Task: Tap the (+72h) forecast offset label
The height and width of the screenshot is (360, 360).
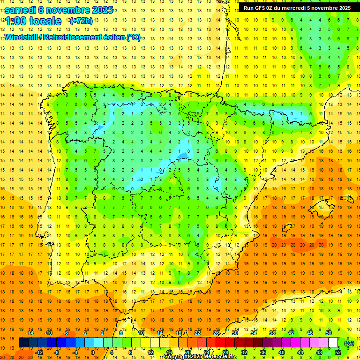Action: pyautogui.click(x=81, y=21)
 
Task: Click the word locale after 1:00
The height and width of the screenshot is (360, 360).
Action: pyautogui.click(x=45, y=21)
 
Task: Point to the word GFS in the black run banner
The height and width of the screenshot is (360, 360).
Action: pyautogui.click(x=262, y=8)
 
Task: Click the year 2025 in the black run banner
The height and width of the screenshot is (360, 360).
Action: pyautogui.click(x=341, y=8)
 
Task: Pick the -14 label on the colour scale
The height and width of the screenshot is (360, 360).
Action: pyautogui.click(x=30, y=333)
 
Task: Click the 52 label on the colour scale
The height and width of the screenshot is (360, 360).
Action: pyautogui.click(x=337, y=352)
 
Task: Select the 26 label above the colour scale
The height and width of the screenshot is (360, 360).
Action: pyautogui.click(x=216, y=333)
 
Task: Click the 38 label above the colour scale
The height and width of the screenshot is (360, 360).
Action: pyautogui.click(x=272, y=333)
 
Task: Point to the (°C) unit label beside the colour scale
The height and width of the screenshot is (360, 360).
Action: pyautogui.click(x=349, y=343)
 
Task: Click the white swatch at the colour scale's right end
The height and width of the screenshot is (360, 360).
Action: pyautogui.click(x=333, y=343)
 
